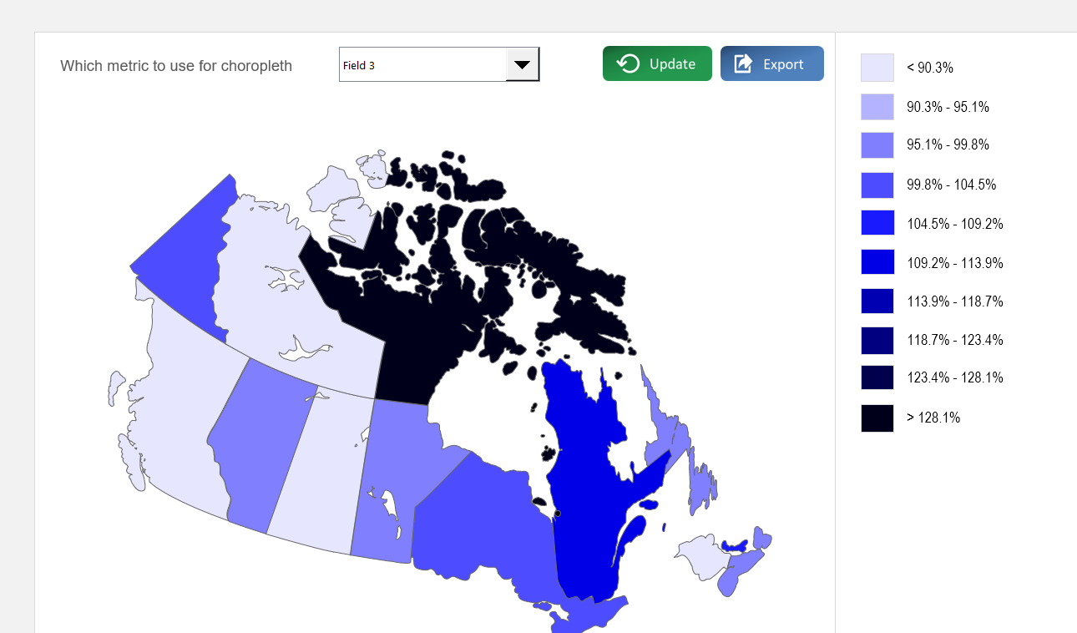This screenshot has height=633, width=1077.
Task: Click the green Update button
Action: (657, 64)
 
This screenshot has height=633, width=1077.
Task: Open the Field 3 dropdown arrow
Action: (523, 64)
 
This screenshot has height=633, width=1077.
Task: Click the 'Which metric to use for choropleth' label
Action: (176, 66)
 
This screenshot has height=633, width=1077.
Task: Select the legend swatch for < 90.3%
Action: (877, 68)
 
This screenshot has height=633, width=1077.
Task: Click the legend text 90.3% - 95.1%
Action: (948, 107)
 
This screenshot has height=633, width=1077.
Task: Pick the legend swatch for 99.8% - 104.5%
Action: (877, 185)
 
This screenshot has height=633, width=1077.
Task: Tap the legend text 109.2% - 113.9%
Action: (955, 263)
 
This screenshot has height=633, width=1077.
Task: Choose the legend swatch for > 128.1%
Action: (877, 418)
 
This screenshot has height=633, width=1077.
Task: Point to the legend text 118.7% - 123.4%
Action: (955, 340)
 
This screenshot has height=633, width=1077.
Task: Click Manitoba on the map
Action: (392, 468)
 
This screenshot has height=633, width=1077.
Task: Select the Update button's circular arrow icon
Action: (628, 64)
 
